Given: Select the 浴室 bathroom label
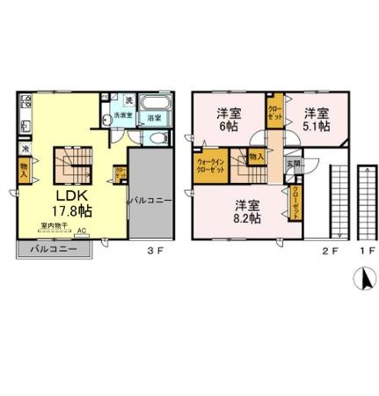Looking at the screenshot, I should coord(153,117).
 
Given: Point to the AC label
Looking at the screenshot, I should coord(82,232).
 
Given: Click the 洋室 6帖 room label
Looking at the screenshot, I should coord(229,120).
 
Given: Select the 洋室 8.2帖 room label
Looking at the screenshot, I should coord(246,212).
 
